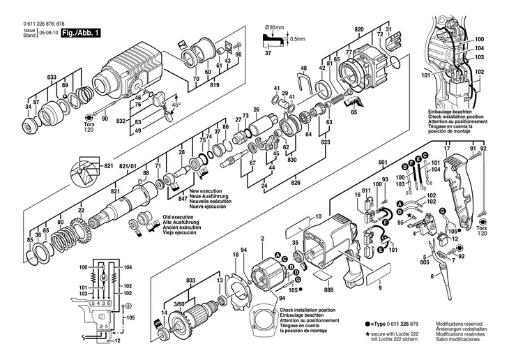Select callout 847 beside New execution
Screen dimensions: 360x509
pos(182,200)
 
